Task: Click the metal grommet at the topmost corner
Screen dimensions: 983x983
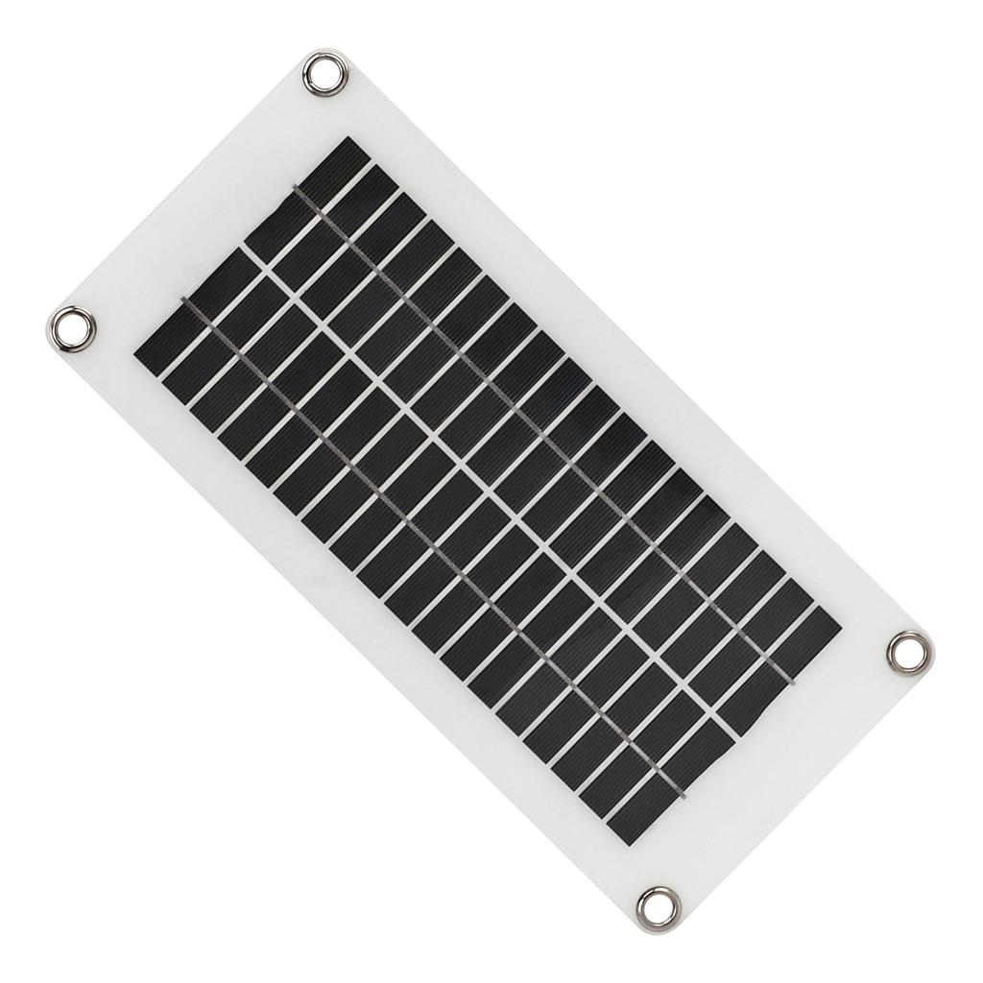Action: [x=324, y=74]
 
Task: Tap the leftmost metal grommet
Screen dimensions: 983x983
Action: [x=72, y=329]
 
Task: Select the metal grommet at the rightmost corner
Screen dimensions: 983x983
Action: [x=908, y=651]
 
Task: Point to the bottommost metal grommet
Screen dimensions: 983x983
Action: [x=659, y=907]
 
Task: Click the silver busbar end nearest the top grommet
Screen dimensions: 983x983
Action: [x=296, y=189]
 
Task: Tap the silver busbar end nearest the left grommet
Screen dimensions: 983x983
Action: [x=184, y=300]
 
